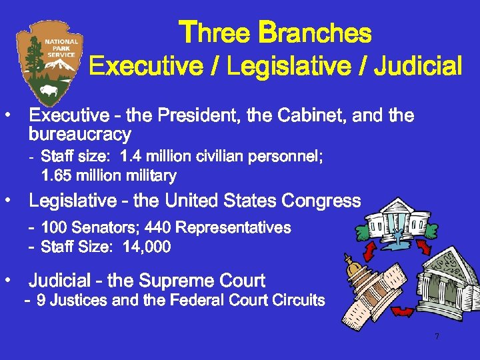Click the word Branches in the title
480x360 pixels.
coord(315,33)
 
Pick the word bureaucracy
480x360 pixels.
coord(80,135)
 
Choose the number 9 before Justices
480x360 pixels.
coord(41,301)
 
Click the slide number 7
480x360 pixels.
coord(437,337)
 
